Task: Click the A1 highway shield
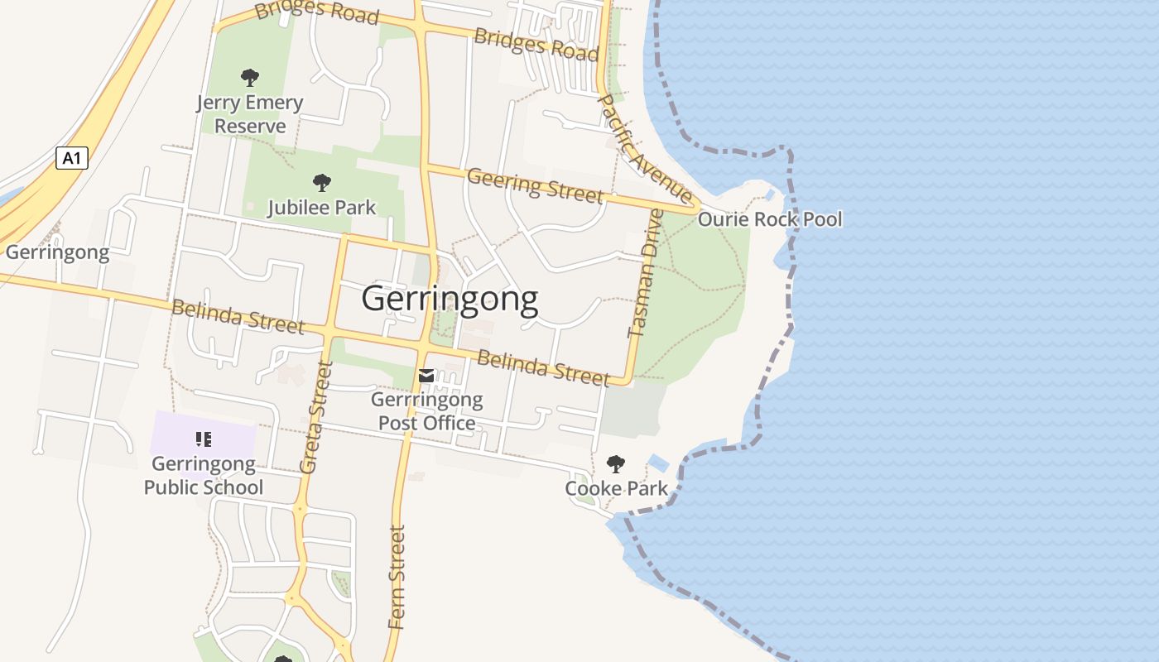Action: click(x=72, y=157)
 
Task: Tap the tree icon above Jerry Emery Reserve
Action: click(x=249, y=79)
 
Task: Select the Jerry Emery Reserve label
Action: click(x=249, y=114)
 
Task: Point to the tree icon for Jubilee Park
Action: click(x=322, y=183)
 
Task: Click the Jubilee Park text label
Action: click(x=321, y=208)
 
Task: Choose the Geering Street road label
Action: click(x=535, y=185)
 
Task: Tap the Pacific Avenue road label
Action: click(x=644, y=149)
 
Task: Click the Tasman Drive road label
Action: click(x=647, y=273)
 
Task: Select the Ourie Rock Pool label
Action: click(x=770, y=219)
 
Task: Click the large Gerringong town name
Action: click(x=450, y=299)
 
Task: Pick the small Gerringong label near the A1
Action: click(x=57, y=252)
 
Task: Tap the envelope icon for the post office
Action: click(x=426, y=377)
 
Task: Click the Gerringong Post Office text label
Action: click(x=426, y=412)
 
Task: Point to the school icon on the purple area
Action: click(x=204, y=439)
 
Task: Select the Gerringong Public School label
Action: click(x=204, y=476)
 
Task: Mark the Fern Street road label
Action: click(x=397, y=577)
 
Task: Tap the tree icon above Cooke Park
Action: click(x=615, y=463)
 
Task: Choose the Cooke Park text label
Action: click(x=616, y=489)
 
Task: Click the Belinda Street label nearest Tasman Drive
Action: click(x=543, y=367)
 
